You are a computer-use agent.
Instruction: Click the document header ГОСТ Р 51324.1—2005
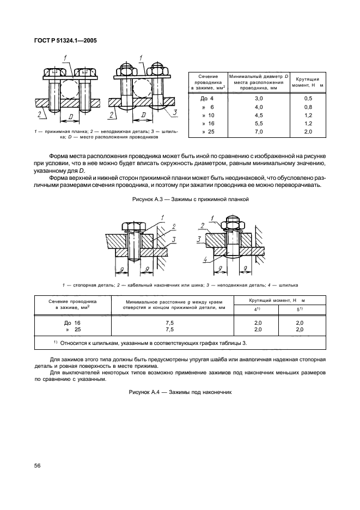point(65,41)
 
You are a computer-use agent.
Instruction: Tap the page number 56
point(38,465)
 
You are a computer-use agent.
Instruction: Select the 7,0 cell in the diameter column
point(259,132)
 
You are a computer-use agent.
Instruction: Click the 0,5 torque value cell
point(308,99)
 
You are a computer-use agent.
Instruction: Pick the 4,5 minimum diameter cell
point(259,115)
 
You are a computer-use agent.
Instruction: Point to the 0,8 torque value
point(308,107)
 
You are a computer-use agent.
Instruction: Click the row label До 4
point(207,99)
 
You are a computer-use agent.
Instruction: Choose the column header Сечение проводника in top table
point(208,82)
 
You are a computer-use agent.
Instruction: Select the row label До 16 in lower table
point(72,323)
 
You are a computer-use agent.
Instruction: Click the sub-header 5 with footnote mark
point(300,309)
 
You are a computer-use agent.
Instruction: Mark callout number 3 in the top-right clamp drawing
point(175,112)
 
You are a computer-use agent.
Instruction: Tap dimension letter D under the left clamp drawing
point(71,117)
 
